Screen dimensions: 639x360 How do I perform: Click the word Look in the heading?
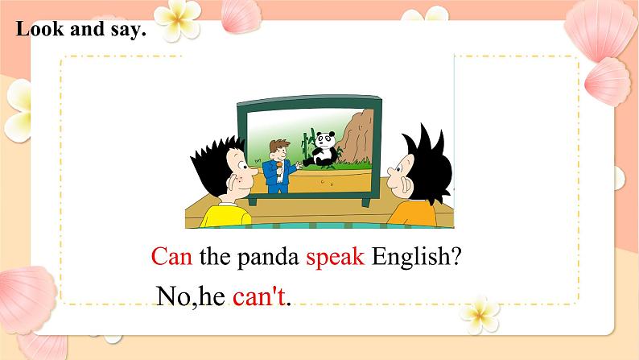(x=40, y=29)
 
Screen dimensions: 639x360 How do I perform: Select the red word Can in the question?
(x=171, y=256)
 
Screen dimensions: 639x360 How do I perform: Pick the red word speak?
(x=335, y=257)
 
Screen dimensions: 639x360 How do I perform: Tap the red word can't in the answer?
(x=259, y=296)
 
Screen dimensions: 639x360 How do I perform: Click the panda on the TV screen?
(x=322, y=149)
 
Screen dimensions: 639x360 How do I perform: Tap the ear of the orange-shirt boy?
(x=406, y=184)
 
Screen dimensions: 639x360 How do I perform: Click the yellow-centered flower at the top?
(x=178, y=19)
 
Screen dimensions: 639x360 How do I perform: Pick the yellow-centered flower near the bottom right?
(x=480, y=315)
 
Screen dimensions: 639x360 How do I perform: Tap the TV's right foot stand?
(x=366, y=203)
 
